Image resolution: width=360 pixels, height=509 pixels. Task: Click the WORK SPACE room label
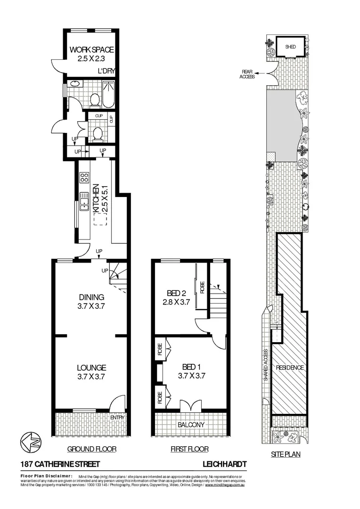click(x=92, y=49)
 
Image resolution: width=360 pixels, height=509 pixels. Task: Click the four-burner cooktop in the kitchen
click(x=85, y=178)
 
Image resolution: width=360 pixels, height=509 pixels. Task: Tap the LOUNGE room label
click(x=91, y=368)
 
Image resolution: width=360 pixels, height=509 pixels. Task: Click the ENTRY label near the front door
click(x=117, y=418)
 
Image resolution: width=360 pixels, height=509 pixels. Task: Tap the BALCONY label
click(x=191, y=425)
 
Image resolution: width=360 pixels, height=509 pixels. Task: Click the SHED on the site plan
click(x=290, y=47)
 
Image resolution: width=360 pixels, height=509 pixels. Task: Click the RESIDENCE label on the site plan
click(x=290, y=368)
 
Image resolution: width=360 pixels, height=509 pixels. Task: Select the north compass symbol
click(x=29, y=442)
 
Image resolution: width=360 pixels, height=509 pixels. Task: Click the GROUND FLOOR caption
click(x=91, y=449)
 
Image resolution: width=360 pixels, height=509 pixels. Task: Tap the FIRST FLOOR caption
click(x=189, y=449)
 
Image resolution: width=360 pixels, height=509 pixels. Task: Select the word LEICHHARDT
click(x=224, y=464)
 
